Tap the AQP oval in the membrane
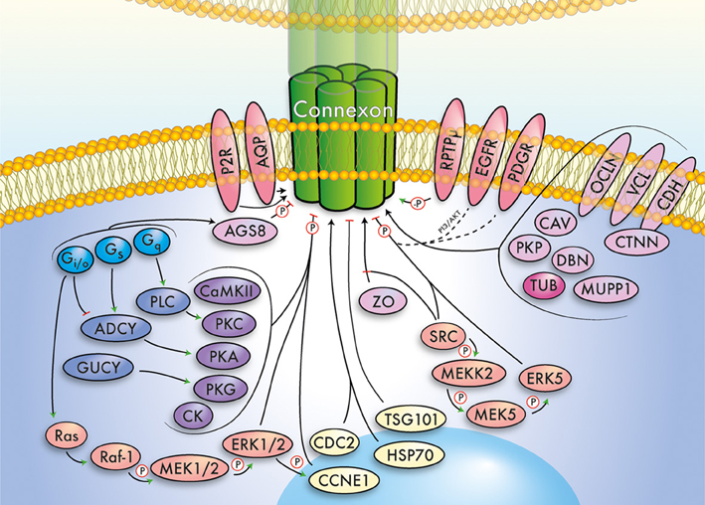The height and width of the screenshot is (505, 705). tap(262, 149)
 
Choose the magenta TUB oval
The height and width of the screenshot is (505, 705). tap(548, 285)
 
